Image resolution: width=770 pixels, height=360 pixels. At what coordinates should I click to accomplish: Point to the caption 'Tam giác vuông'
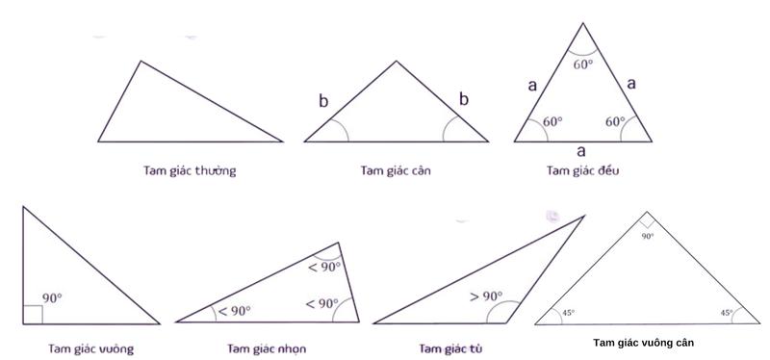90,347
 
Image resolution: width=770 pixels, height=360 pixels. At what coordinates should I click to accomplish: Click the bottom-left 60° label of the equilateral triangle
552,122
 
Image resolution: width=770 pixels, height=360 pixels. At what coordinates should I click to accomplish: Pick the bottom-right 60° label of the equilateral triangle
616,122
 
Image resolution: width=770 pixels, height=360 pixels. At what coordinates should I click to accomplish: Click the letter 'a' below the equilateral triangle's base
580,150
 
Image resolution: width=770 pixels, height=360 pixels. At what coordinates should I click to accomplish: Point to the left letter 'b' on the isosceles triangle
324,100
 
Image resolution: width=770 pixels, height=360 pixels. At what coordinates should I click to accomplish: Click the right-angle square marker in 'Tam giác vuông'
32,313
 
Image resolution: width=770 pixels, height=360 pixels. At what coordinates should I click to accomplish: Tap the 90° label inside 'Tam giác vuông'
53,299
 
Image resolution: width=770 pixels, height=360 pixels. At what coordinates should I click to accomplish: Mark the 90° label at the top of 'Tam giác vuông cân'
648,235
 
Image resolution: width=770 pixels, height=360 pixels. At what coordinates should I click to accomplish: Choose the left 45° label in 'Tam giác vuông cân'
568,312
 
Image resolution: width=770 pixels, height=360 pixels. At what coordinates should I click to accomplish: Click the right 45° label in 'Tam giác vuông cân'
726,312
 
